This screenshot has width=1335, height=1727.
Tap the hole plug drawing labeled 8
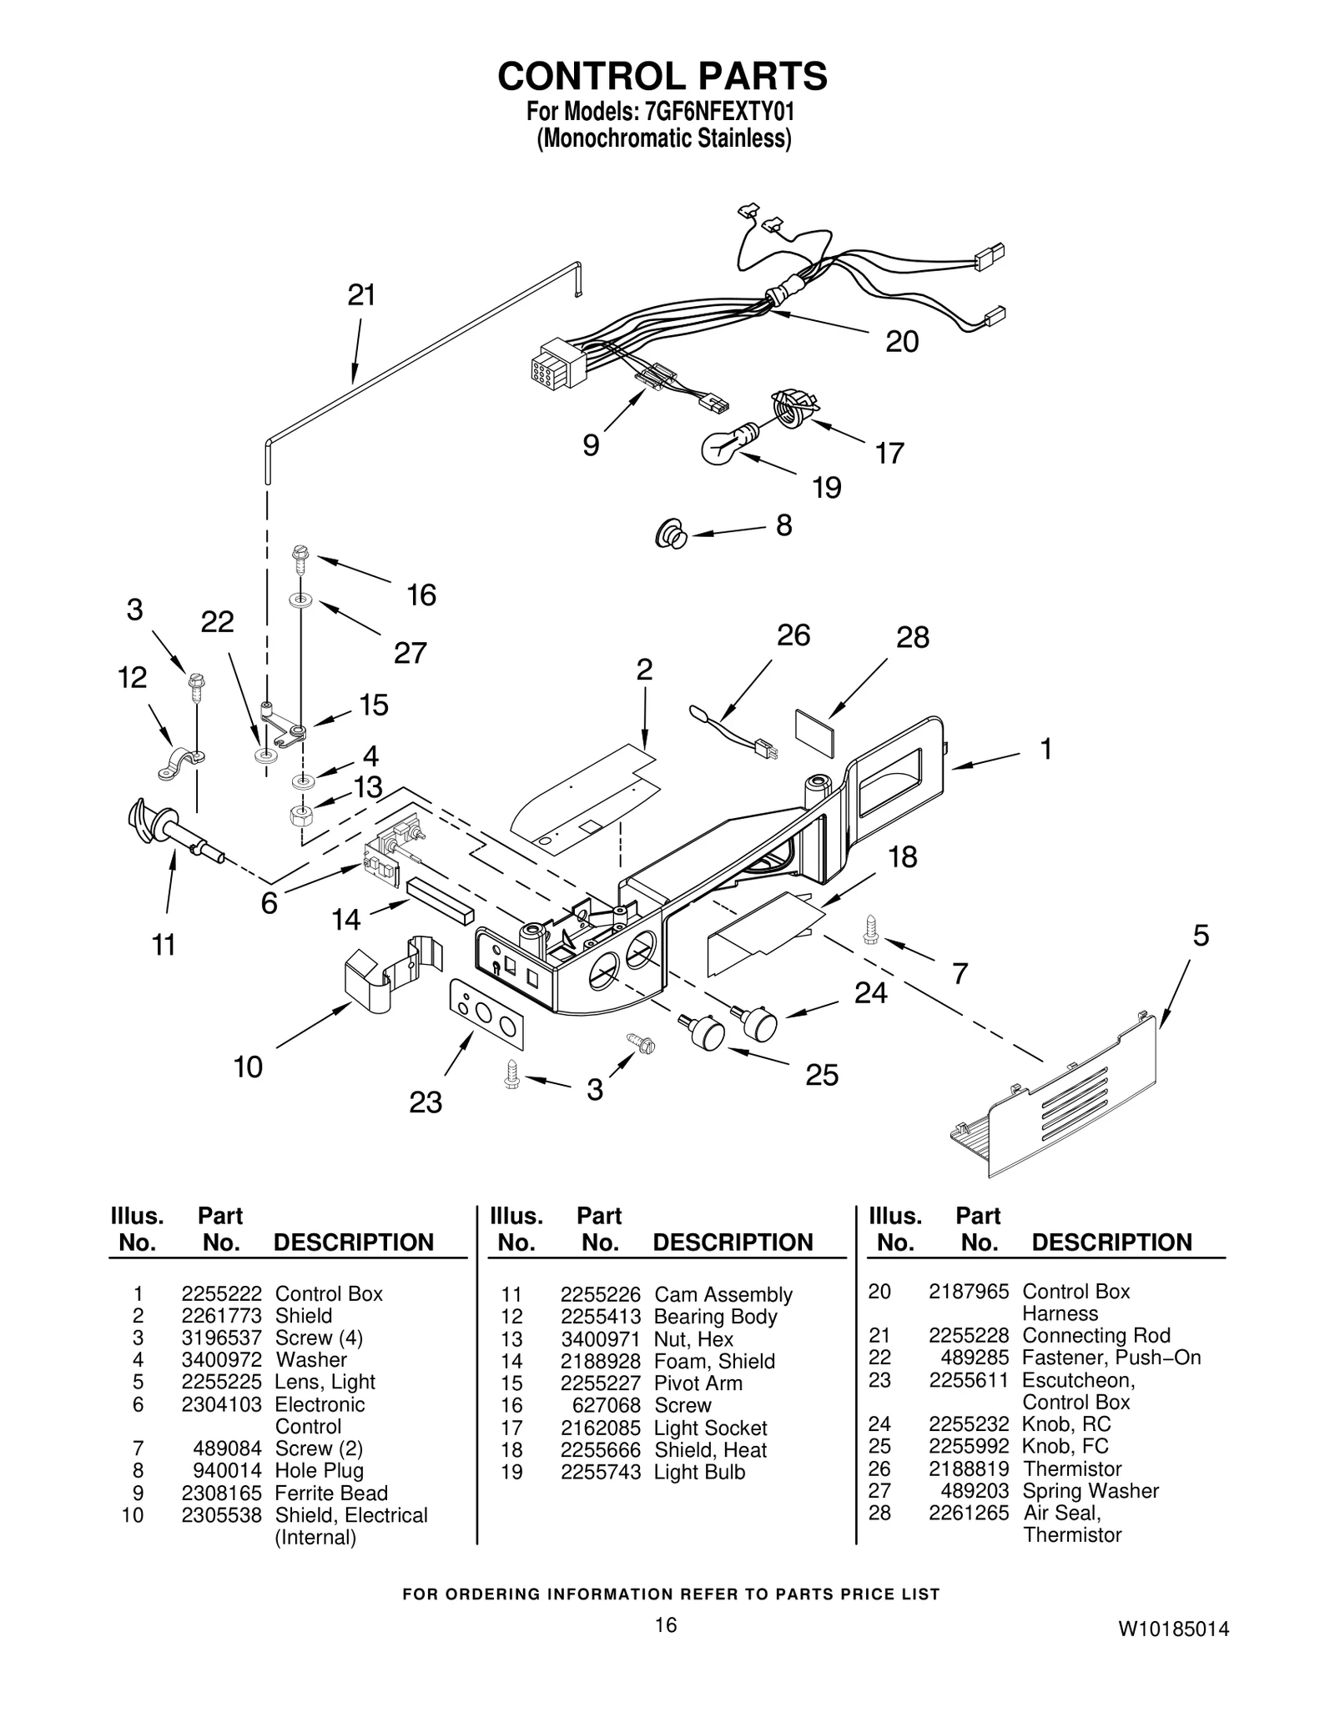click(671, 534)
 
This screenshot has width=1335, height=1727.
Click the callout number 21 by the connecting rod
click(361, 295)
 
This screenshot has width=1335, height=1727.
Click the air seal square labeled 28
click(814, 733)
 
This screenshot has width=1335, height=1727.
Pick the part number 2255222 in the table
click(221, 1293)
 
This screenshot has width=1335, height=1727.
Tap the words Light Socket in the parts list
click(710, 1428)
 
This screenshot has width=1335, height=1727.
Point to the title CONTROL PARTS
click(662, 76)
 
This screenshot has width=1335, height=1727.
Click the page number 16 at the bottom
click(665, 1624)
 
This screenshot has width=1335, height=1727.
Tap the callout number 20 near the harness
click(901, 341)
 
